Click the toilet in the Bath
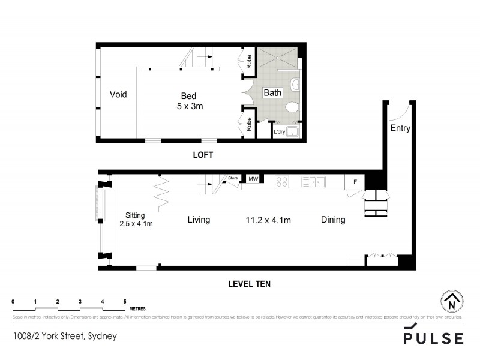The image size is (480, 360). point(292,107)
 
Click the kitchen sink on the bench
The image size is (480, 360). point(313,181)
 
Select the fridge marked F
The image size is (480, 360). point(355,181)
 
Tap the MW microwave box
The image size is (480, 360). point(253,179)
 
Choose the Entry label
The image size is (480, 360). point(400,128)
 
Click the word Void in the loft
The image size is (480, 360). point(118,94)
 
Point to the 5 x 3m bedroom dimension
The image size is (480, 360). point(189,106)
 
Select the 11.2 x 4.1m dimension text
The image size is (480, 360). point(269,220)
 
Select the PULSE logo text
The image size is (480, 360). point(433,338)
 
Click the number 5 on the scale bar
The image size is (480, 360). point(125,301)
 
